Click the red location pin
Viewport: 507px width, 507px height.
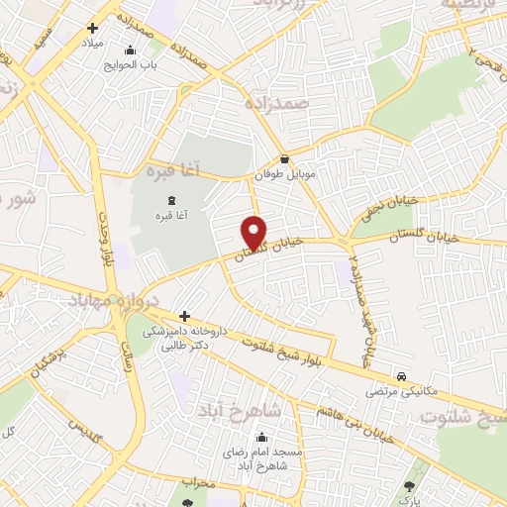point(255,232)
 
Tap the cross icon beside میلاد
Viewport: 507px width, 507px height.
point(93,28)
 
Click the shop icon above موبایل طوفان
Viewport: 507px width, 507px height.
point(285,158)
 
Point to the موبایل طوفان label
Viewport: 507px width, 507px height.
point(285,175)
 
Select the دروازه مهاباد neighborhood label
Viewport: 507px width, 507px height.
point(109,297)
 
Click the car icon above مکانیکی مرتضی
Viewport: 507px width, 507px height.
point(401,376)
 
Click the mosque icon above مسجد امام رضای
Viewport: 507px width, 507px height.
point(261,437)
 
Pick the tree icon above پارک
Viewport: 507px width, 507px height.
point(410,486)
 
